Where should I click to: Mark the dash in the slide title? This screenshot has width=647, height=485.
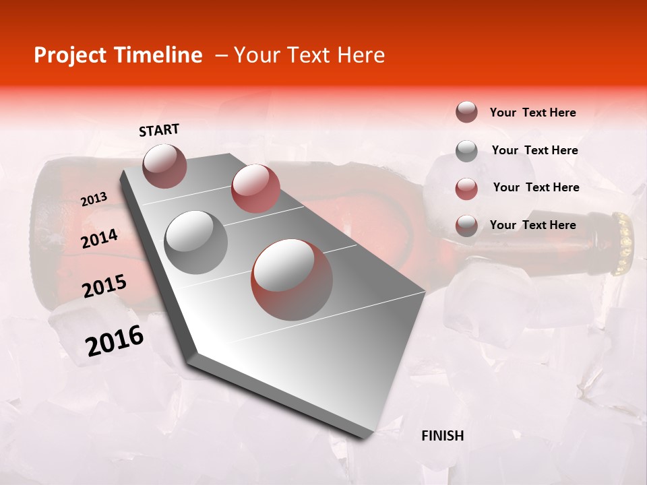[x=221, y=55]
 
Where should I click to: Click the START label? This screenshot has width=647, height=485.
[x=159, y=130]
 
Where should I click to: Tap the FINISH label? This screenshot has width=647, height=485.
[x=442, y=436]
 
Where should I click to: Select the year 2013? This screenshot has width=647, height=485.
[x=94, y=199]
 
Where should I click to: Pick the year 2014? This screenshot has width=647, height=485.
[x=99, y=238]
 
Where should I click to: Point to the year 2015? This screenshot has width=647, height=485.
[x=104, y=286]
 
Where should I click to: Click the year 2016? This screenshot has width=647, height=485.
[x=115, y=341]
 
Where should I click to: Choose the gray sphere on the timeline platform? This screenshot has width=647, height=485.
[x=196, y=242]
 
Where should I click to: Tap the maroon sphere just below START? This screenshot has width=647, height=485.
[x=165, y=166]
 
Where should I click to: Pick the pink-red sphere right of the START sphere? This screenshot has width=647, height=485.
[x=255, y=189]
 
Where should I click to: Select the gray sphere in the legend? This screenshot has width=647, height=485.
[x=466, y=151]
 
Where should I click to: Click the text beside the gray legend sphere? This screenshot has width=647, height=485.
[x=534, y=150]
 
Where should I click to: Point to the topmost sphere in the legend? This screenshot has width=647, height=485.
[x=466, y=112]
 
